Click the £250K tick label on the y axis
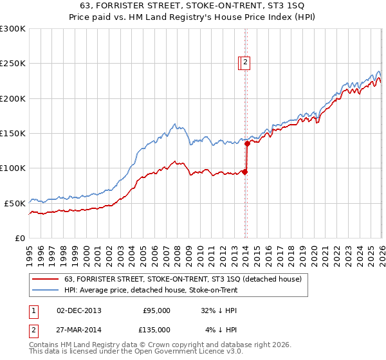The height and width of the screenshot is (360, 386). click(12, 64)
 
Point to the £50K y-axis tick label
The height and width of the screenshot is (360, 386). click(14, 203)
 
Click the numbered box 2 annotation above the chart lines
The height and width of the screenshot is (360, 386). click(246, 62)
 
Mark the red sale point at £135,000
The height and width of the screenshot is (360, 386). click(246, 144)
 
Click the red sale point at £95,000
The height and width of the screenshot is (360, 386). click(245, 172)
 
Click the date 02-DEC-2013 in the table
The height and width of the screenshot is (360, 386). click(78, 310)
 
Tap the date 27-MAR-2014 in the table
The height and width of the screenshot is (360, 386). click(78, 330)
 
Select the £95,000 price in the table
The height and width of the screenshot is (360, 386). click(156, 310)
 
